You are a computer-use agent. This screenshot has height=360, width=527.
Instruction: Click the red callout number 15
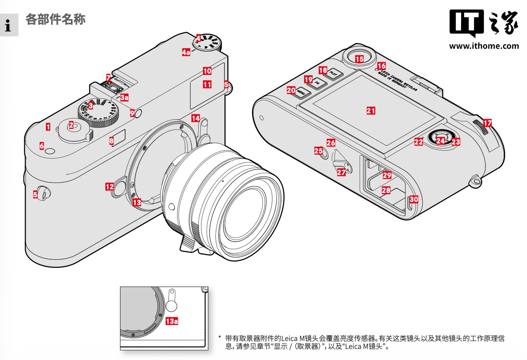tap(359, 59)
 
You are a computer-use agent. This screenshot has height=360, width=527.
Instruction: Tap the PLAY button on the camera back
tap(334, 74)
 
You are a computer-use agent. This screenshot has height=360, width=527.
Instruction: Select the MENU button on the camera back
tap(302, 93)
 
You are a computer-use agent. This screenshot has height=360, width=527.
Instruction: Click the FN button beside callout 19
tap(318, 83)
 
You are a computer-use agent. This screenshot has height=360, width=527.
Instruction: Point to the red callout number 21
tap(371, 111)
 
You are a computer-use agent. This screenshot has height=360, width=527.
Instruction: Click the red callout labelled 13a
tap(172, 321)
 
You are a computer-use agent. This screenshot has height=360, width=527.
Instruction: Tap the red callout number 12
tap(109, 187)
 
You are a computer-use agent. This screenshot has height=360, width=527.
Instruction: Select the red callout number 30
tap(414, 199)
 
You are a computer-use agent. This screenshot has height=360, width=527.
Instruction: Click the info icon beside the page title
tap(8, 25)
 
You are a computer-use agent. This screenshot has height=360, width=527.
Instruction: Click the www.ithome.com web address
tap(484, 46)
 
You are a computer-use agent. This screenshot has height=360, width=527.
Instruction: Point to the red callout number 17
tap(487, 123)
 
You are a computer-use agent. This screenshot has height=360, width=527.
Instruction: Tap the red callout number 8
tap(112, 141)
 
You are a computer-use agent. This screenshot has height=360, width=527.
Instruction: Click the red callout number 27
tap(341, 172)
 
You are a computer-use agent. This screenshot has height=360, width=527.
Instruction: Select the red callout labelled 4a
tap(186, 52)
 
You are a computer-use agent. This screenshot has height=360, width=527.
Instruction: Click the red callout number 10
tap(207, 71)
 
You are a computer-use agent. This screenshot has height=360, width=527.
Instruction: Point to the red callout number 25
tap(318, 151)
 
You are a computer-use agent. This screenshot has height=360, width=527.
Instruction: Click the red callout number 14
tap(195, 118)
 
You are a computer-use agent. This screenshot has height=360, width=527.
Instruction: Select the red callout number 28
tap(386, 190)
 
